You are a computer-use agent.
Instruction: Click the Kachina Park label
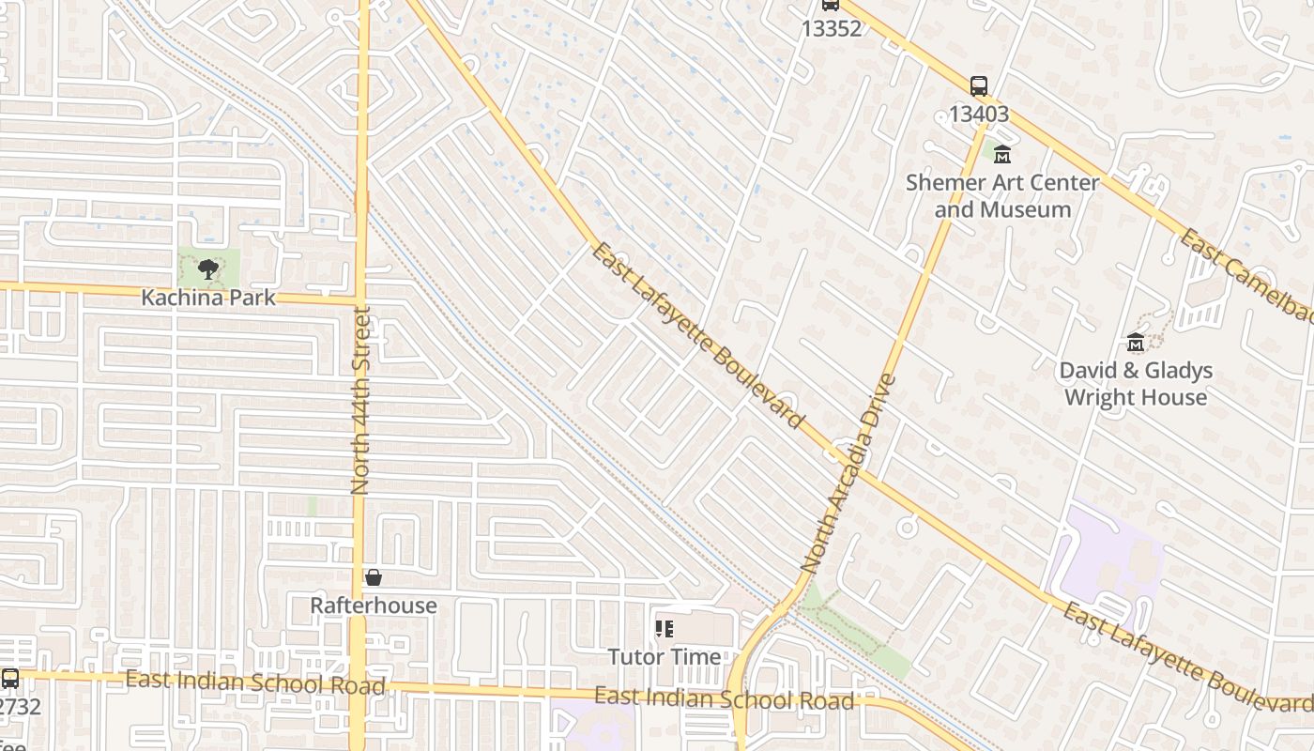point(208,298)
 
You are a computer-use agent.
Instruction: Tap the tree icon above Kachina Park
point(208,270)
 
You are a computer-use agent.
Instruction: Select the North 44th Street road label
point(360,400)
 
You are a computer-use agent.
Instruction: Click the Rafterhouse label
point(374,605)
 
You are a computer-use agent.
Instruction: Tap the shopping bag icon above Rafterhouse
point(374,577)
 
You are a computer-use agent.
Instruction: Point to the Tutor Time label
point(665,656)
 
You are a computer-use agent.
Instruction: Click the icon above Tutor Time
point(665,629)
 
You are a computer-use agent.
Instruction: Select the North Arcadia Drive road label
point(849,475)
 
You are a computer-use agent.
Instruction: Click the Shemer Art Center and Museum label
point(1002,195)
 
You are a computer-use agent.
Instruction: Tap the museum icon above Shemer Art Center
point(1002,155)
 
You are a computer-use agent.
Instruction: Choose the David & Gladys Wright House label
point(1136,383)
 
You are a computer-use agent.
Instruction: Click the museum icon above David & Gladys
point(1136,342)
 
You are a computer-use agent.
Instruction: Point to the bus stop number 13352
point(831,28)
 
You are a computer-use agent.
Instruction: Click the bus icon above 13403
point(979,86)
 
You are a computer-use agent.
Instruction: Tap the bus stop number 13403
point(979,114)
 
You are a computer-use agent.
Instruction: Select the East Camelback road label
point(1247,277)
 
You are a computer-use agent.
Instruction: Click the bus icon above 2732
point(10,678)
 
